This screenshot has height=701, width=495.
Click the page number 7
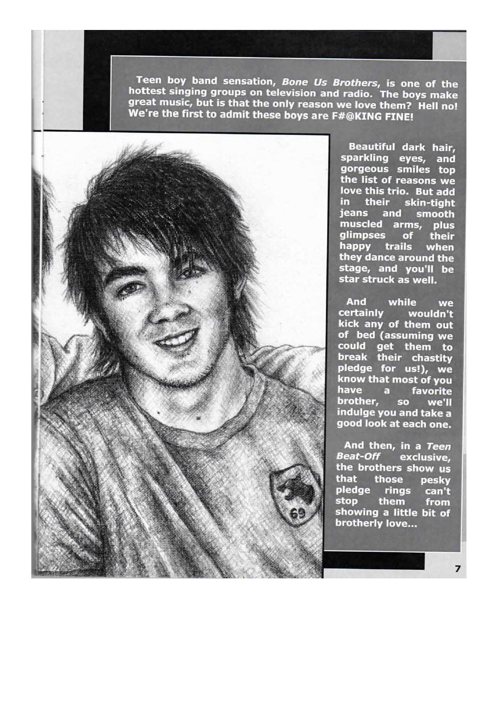[457, 568]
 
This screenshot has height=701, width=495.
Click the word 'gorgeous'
[364, 169]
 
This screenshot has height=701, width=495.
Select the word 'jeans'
[354, 213]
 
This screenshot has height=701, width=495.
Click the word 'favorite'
[431, 391]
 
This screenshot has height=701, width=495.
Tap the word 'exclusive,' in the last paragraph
[425, 457]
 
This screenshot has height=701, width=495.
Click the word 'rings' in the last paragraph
[397, 490]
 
